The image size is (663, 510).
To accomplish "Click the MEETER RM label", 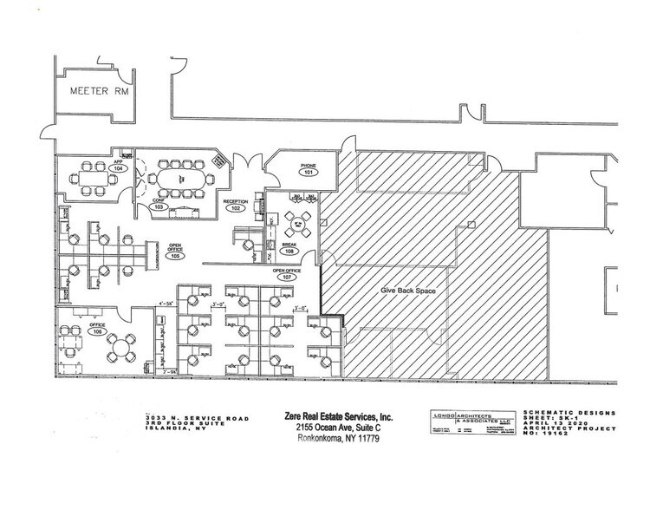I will [x=93, y=88].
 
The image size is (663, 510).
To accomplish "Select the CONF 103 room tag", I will [x=158, y=206].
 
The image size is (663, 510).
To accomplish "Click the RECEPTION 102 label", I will [x=235, y=206].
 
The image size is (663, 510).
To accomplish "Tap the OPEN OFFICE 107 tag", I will [x=287, y=275].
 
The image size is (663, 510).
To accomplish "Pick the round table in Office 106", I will [x=120, y=350].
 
